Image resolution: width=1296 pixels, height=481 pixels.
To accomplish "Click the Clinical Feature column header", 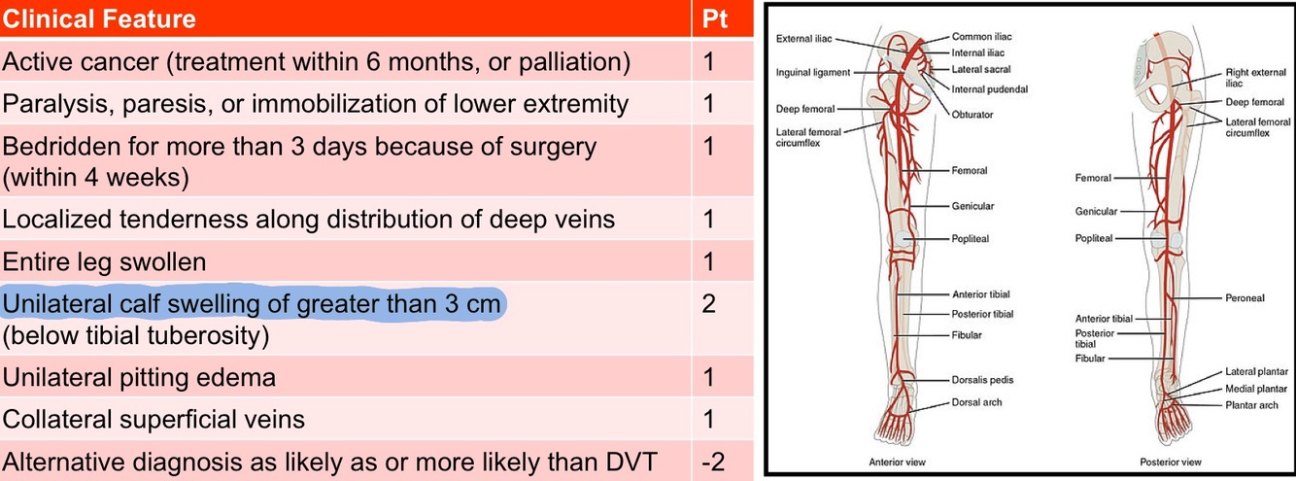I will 99,18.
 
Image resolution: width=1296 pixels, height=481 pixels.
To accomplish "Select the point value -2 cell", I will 713,461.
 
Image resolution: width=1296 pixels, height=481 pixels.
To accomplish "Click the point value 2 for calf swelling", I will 708,304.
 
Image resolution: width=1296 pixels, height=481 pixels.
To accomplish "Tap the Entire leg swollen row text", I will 104,262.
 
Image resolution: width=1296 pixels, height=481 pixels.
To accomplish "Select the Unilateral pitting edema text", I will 139,377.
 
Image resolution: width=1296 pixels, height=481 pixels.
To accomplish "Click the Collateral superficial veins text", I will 153,420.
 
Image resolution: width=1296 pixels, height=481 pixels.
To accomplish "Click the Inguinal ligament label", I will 813,73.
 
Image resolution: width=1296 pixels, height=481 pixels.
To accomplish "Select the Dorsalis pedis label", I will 983,379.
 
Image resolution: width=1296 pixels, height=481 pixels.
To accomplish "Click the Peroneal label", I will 1244,298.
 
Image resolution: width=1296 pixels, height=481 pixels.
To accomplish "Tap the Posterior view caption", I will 1170,463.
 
